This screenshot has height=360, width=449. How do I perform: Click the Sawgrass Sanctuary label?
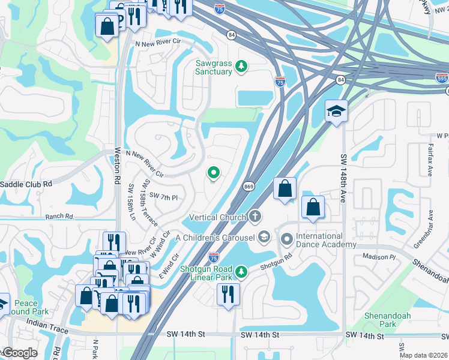point(213,67)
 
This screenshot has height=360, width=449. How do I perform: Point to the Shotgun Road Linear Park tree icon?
point(241,272)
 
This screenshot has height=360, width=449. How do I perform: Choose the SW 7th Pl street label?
point(164,196)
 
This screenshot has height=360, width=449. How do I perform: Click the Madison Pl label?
point(379,257)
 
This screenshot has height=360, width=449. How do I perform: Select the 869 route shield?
point(249,187)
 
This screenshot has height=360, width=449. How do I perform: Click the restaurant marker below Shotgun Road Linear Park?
point(228,294)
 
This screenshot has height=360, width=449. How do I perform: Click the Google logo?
point(19,353)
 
